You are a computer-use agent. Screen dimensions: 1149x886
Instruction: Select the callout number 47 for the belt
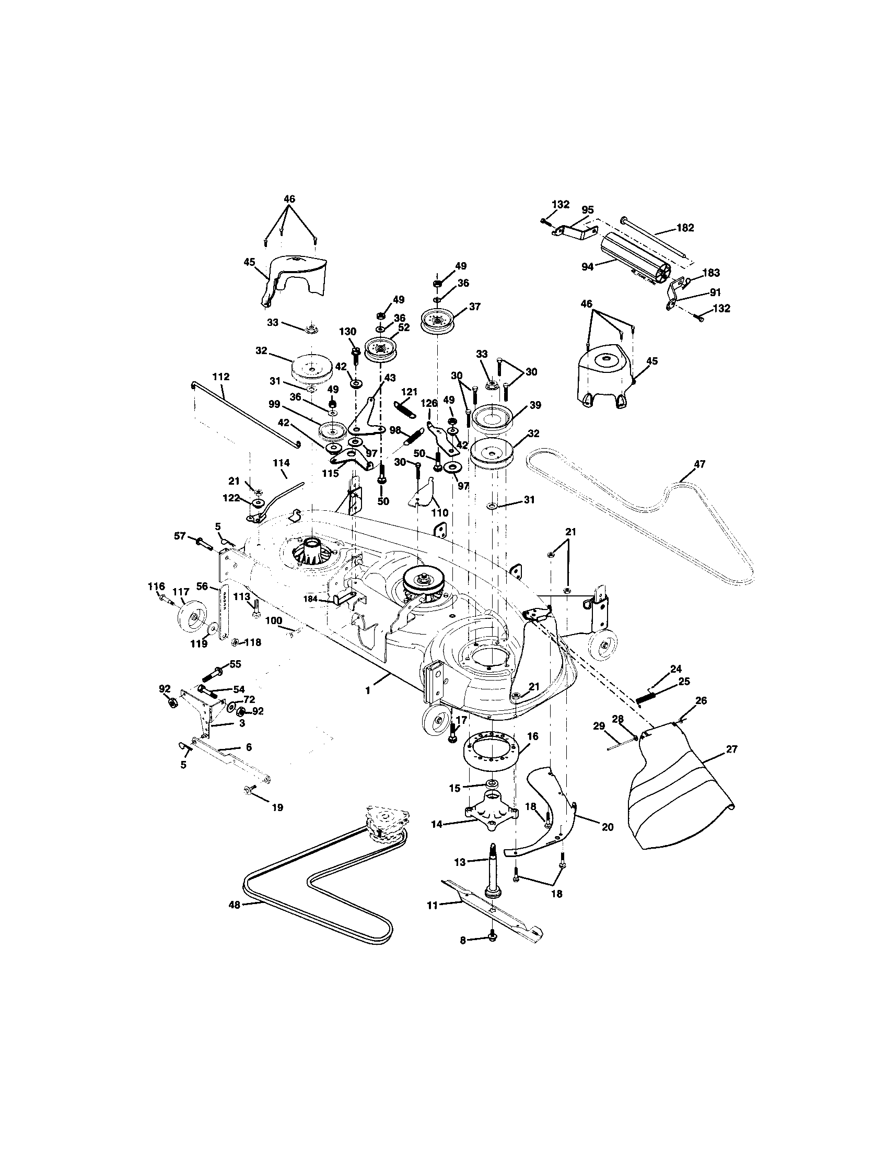pyautogui.click(x=699, y=464)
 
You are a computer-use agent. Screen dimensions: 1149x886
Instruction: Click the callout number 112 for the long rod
pyautogui.click(x=221, y=377)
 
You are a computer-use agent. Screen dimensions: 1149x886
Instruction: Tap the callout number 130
pyautogui.click(x=347, y=332)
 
